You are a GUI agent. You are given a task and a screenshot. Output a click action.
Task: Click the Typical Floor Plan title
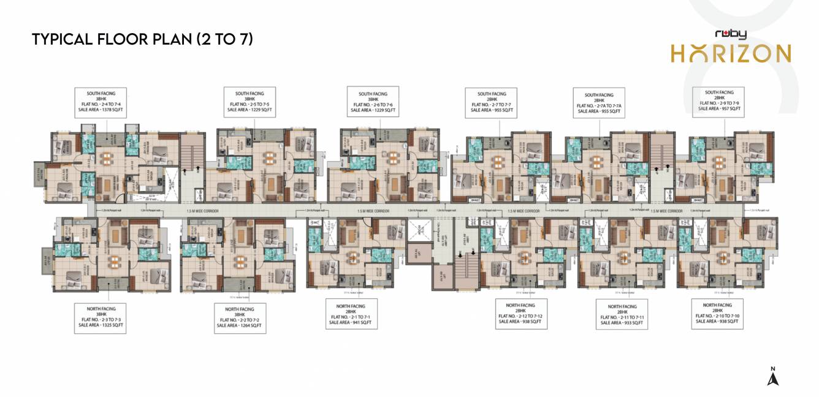(x=142, y=39)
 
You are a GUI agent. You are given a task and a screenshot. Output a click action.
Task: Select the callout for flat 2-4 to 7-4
(x=101, y=102)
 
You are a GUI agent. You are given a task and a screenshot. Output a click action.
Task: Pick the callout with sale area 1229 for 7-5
(x=250, y=102)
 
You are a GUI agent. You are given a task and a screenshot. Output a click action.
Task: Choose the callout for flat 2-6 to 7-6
(x=373, y=102)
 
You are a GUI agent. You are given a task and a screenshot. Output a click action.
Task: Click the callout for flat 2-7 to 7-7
(x=492, y=102)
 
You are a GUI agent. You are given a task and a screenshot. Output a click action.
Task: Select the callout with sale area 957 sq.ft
(x=719, y=102)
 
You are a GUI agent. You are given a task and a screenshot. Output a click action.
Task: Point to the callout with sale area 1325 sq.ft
(x=101, y=317)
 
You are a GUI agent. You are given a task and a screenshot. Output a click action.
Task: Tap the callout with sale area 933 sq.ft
(x=621, y=314)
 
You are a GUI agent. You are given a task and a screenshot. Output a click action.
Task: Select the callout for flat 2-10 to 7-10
(x=717, y=314)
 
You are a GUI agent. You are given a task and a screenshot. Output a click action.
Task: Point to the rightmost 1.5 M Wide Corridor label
(x=666, y=210)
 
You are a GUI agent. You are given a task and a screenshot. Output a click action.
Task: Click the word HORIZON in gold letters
(x=730, y=53)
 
